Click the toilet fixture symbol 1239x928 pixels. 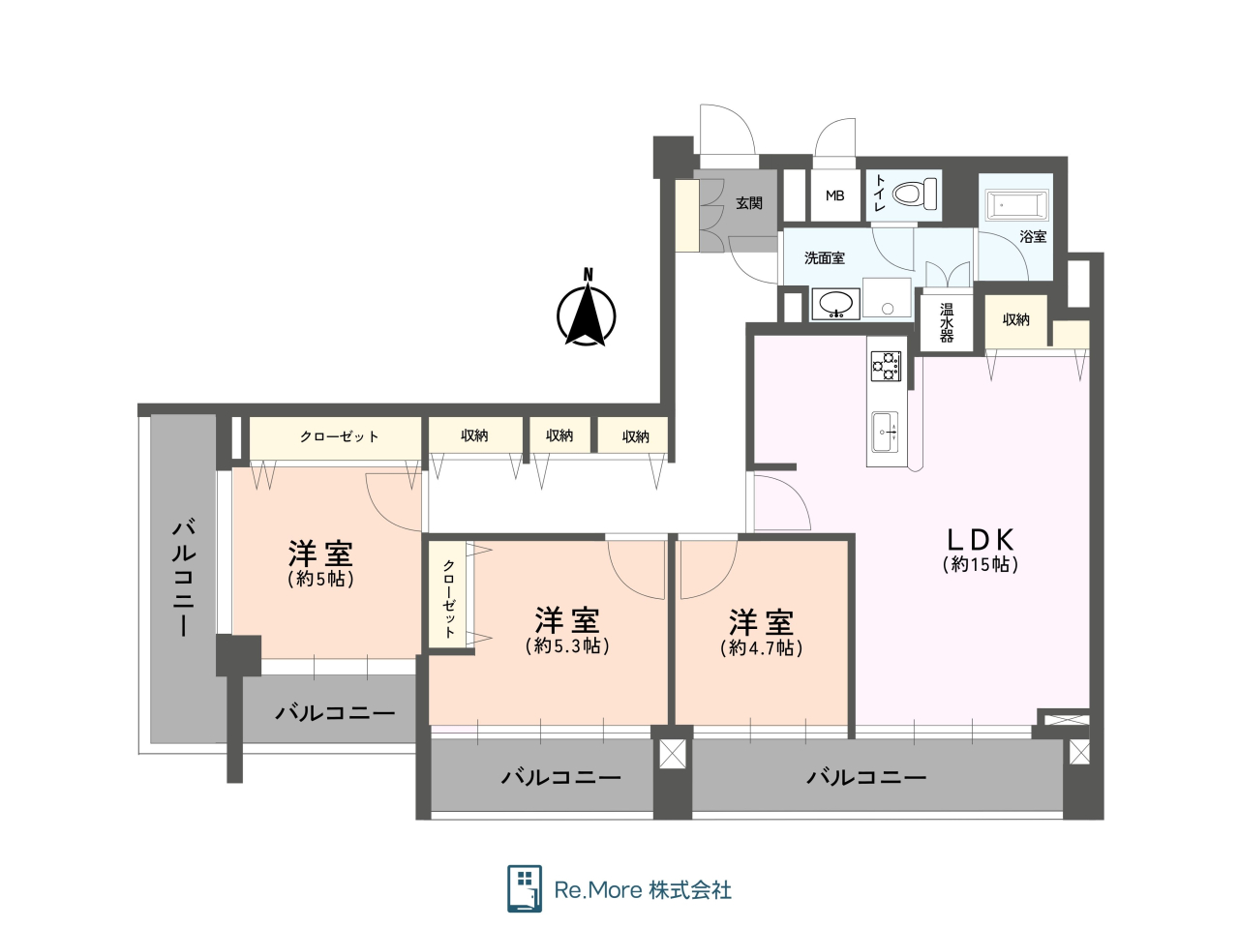pyautogui.click(x=915, y=194)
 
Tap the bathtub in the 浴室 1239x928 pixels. pyautogui.click(x=1017, y=205)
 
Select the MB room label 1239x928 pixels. pyautogui.click(x=834, y=195)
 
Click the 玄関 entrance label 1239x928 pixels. pyautogui.click(x=749, y=203)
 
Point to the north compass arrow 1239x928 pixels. pyautogui.click(x=586, y=314)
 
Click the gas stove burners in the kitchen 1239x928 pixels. pyautogui.click(x=886, y=366)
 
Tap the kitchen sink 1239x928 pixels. pyautogui.click(x=885, y=433)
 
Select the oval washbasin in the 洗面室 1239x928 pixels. pyautogui.click(x=836, y=305)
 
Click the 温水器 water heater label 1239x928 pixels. pyautogui.click(x=946, y=323)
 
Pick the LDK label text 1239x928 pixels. pyautogui.click(x=980, y=540)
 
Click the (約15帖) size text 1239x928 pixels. pyautogui.click(x=981, y=565)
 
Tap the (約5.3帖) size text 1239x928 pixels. pyautogui.click(x=567, y=646)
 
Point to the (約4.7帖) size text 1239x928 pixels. pyautogui.click(x=762, y=647)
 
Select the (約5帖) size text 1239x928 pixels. pyautogui.click(x=320, y=579)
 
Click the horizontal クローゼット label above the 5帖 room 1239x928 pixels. pyautogui.click(x=339, y=436)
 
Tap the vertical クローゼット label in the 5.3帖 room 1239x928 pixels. pyautogui.click(x=449, y=599)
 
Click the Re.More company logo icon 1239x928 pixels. pyautogui.click(x=525, y=889)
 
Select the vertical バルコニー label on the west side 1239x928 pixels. pyautogui.click(x=184, y=579)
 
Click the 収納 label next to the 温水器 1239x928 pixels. pyautogui.click(x=1015, y=320)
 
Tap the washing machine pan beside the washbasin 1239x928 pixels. pyautogui.click(x=887, y=298)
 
